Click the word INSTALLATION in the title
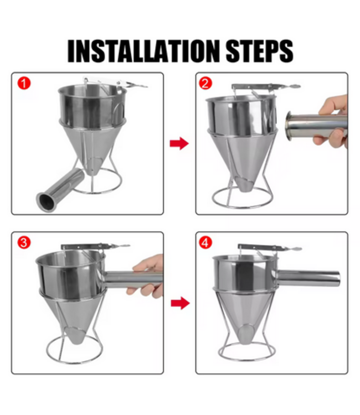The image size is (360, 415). coord(143,51)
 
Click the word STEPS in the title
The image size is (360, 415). coord(259,51)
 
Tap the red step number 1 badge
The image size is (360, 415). coord(24,84)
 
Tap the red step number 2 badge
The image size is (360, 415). coord(205,84)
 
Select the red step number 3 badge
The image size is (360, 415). coord(24,242)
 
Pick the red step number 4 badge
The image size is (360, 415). coord(205,242)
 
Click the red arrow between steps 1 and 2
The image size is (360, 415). coord(179,143)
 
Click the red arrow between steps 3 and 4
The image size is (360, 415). coord(180,303)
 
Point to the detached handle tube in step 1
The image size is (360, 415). coord(60,190)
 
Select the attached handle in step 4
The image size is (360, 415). coord(308,278)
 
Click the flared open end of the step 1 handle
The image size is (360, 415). coord(47,202)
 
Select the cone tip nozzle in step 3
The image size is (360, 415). coord(75,335)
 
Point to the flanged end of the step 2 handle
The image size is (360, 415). coord(289,126)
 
